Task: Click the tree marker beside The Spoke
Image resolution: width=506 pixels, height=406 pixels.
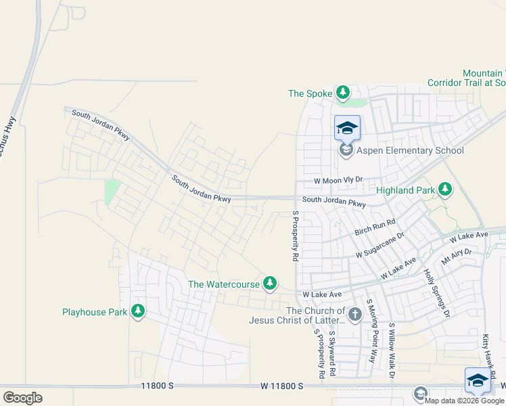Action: pos(343,93)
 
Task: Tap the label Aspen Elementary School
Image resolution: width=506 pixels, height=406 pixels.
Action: pos(410,150)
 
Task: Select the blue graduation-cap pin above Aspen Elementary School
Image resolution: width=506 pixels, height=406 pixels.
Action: pos(347,127)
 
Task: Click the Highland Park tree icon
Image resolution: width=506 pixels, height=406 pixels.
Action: pos(445,189)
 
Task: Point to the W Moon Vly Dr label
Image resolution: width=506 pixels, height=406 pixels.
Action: pos(338,181)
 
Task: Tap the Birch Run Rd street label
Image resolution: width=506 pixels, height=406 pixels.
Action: pos(375,227)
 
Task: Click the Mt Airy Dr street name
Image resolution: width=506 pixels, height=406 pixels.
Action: pos(457,255)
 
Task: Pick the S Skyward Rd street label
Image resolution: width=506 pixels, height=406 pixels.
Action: pos(332,353)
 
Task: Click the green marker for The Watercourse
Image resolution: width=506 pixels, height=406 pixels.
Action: pos(271,284)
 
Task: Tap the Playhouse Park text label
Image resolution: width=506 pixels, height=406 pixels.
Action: pos(95,312)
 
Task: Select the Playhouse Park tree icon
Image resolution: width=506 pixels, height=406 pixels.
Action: pos(139,311)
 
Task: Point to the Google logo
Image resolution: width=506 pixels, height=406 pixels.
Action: pos(22,398)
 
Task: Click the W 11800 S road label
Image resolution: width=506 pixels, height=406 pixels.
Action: pos(281,386)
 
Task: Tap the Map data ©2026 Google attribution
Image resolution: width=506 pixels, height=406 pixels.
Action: pos(464,401)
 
